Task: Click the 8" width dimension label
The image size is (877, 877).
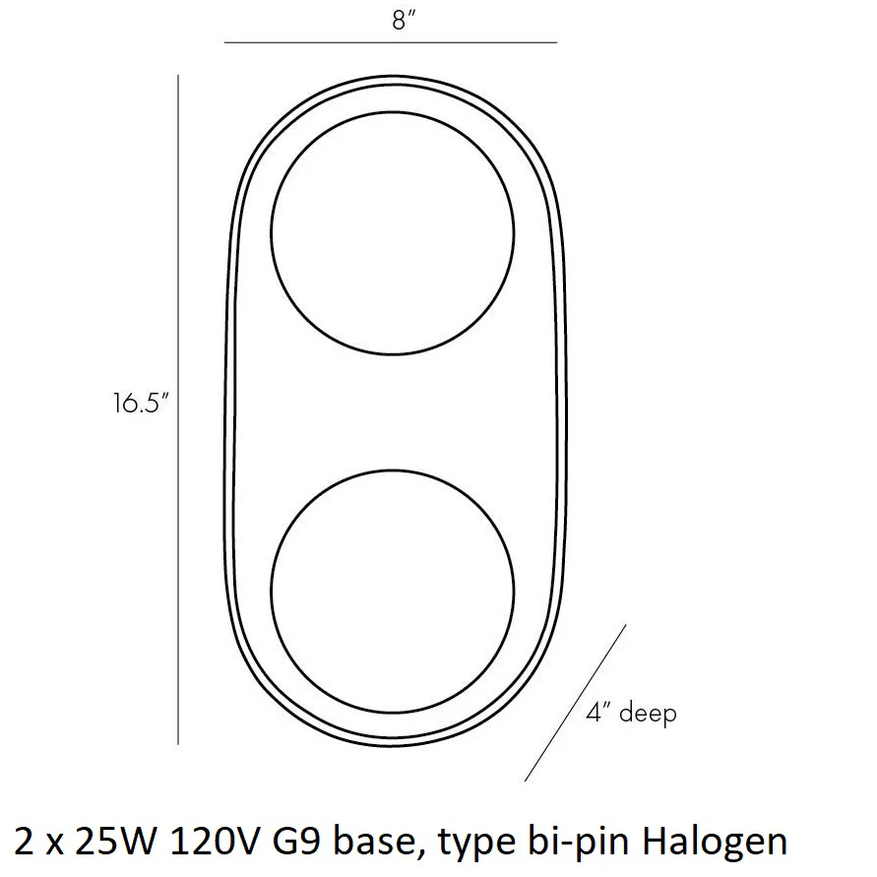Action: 404,20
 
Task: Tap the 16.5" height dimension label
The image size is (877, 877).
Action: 141,403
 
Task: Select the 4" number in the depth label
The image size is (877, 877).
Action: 597,712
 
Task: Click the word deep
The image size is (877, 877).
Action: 648,715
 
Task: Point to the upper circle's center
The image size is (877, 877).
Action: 392,233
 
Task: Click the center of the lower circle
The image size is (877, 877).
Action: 392,592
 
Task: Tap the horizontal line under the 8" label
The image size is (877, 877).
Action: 391,42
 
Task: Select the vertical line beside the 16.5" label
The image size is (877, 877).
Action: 178,409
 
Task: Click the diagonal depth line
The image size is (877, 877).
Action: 575,703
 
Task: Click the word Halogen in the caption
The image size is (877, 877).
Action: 715,842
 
